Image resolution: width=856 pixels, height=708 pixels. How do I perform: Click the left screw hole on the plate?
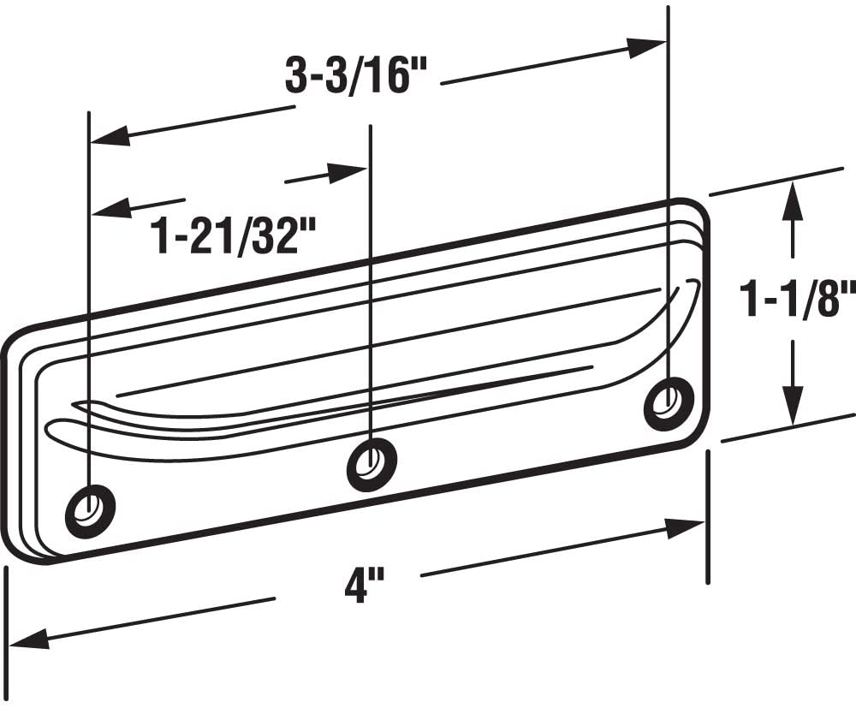[x=90, y=511]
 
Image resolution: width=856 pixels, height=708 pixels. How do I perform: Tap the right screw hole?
[x=669, y=402]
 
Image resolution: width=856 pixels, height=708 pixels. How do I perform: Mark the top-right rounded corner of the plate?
[x=698, y=210]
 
